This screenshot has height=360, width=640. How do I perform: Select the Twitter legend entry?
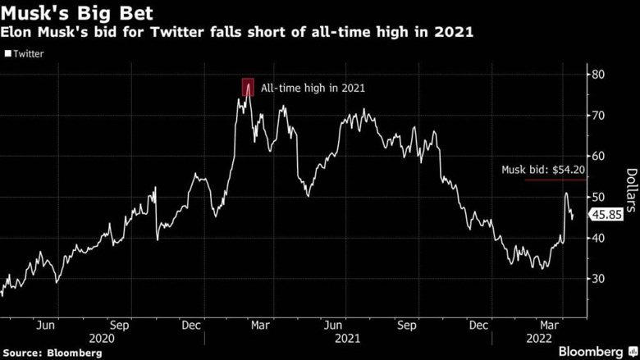25,54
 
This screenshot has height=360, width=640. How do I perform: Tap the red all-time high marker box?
248,87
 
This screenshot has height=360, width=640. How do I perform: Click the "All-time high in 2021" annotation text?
313,88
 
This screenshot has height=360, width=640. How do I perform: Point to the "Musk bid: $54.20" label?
542,171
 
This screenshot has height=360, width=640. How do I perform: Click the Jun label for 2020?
47,324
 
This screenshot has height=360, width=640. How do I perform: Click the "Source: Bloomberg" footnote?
52,352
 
